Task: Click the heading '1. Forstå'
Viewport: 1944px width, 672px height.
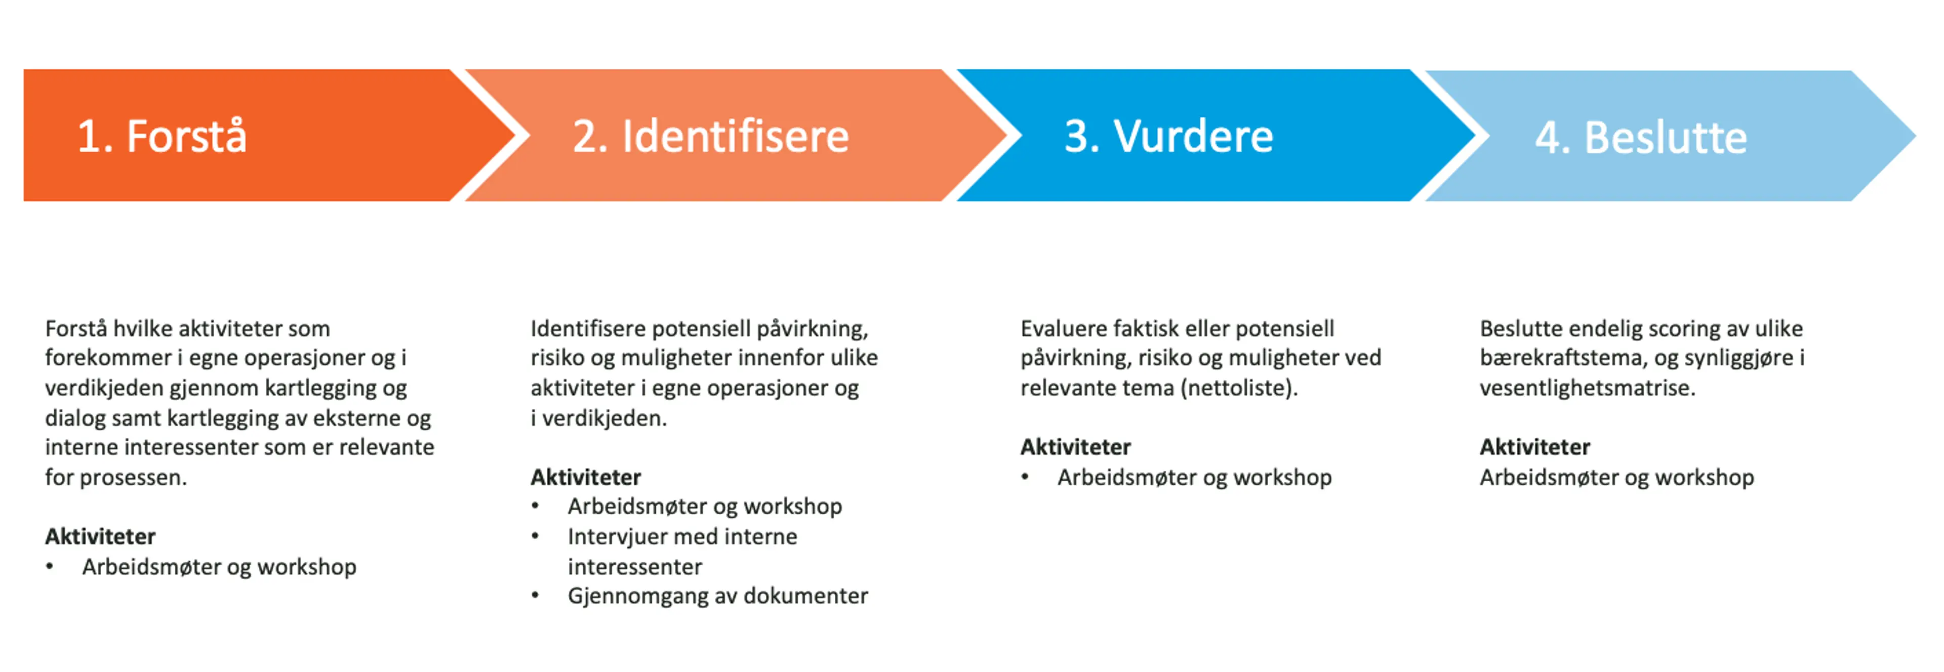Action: click(161, 137)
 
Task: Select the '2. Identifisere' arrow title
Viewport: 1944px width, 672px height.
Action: click(711, 137)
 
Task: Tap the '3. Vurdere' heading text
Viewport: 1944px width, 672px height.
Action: click(1169, 137)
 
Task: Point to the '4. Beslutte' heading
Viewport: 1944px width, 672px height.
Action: click(1641, 138)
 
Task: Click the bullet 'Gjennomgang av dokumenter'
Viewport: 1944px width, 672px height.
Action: click(718, 596)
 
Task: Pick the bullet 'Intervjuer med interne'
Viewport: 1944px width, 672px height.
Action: click(682, 536)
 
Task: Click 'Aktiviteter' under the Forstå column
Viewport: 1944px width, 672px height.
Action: click(100, 536)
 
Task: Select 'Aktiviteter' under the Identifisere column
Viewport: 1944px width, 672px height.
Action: click(586, 477)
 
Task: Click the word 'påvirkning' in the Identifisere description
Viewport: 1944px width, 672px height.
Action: click(812, 329)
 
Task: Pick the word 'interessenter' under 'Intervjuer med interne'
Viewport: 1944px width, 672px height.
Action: click(635, 566)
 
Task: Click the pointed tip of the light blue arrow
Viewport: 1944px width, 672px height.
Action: click(1915, 136)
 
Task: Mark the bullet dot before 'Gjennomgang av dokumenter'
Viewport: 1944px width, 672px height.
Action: click(535, 596)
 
